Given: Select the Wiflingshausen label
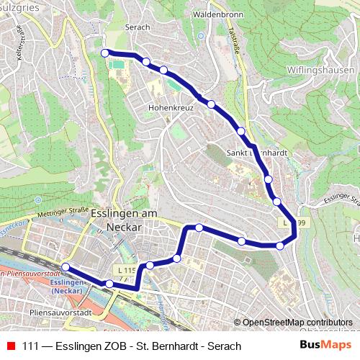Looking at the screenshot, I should [x=322, y=70].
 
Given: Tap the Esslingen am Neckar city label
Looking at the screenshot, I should [x=124, y=220].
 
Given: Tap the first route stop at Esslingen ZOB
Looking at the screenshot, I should [x=66, y=267].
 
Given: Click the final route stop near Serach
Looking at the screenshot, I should [x=105, y=53].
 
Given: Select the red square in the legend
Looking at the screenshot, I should [x=10, y=346].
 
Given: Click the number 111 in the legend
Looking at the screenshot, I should [x=31, y=346].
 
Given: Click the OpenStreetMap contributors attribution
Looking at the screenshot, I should [x=293, y=323].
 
